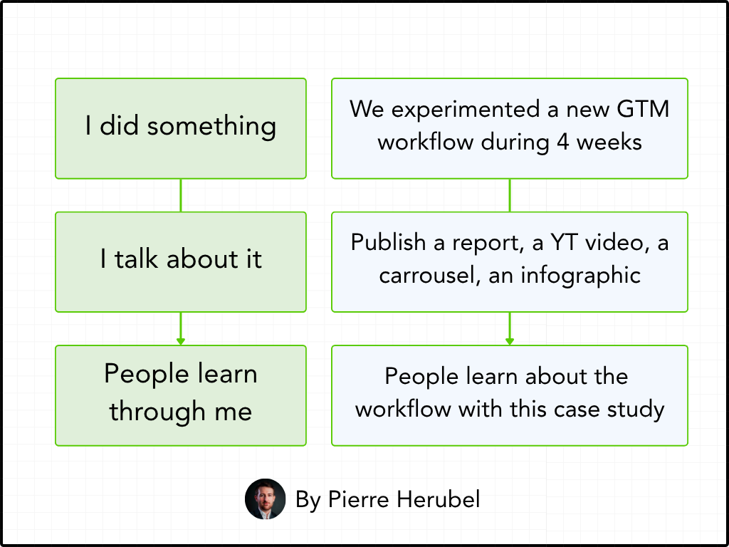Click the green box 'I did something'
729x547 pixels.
click(x=181, y=128)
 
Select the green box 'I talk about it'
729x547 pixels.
click(x=181, y=261)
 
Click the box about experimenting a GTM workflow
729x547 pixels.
click(x=510, y=128)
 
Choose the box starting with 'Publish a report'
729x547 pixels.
click(x=510, y=261)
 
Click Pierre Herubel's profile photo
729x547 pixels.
click(x=265, y=499)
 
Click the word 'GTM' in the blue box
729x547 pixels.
click(x=642, y=110)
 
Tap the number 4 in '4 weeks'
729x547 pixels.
click(x=562, y=142)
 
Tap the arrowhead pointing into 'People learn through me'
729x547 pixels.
click(x=181, y=341)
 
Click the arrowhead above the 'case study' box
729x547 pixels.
click(x=510, y=341)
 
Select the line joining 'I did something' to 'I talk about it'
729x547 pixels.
click(x=181, y=195)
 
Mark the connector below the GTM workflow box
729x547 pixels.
click(x=510, y=195)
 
